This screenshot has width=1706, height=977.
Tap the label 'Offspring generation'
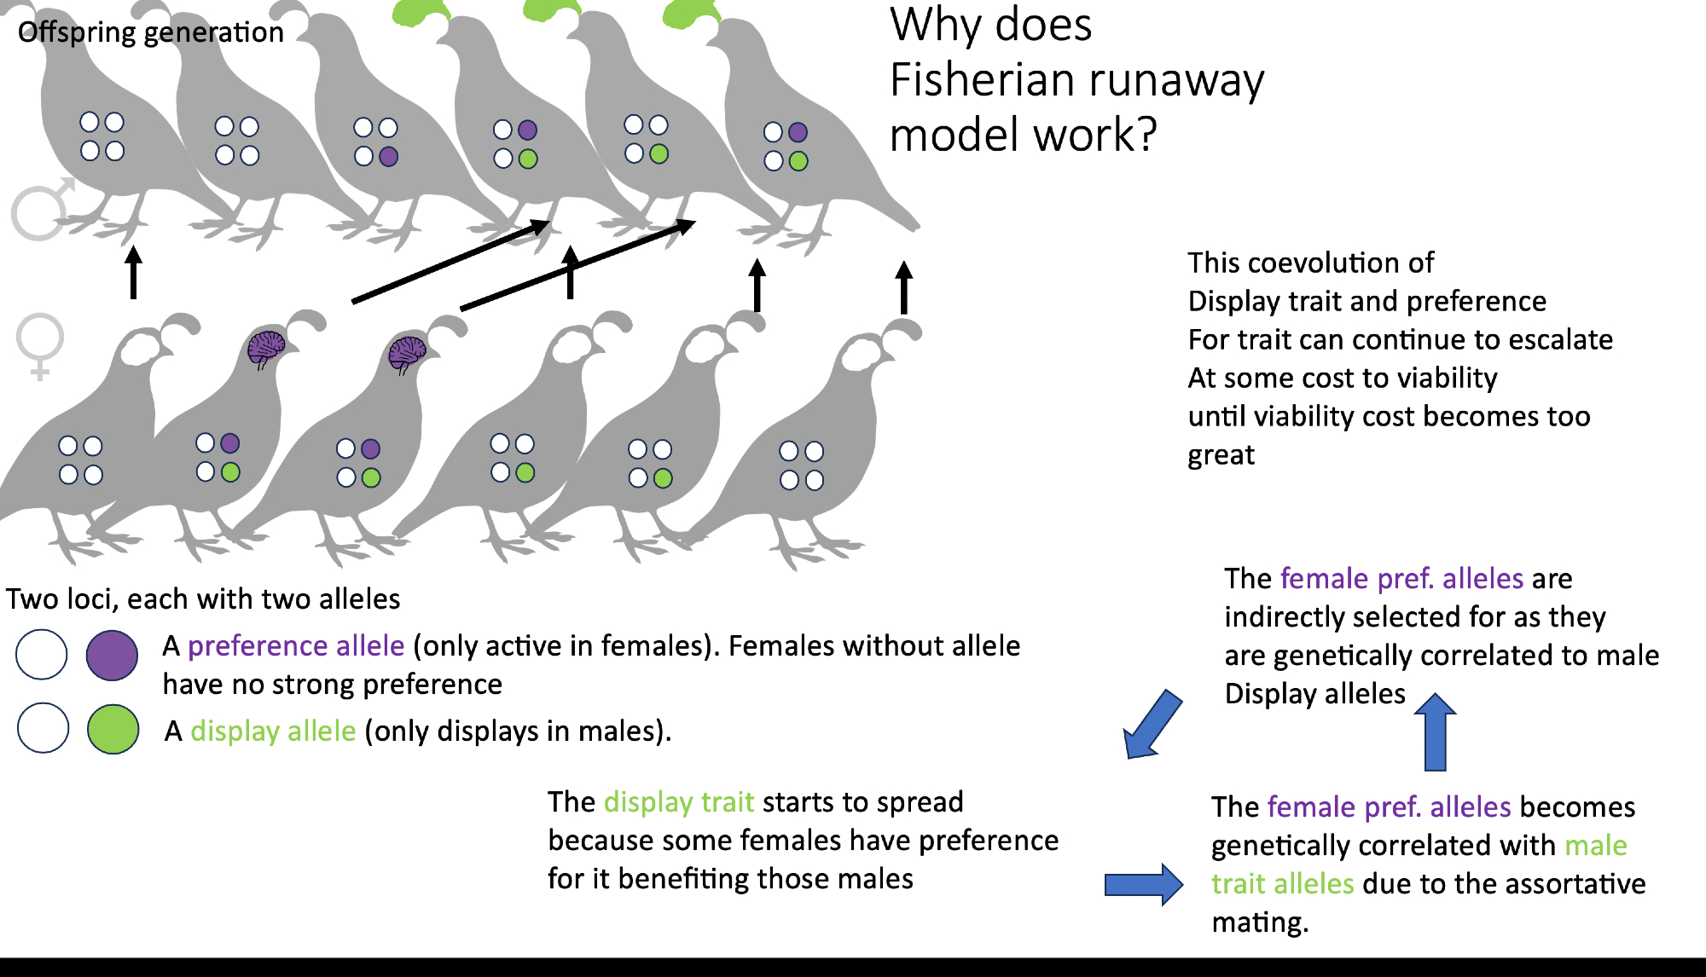point(150,32)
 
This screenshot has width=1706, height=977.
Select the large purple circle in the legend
point(112,655)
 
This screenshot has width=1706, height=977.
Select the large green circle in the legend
point(113,729)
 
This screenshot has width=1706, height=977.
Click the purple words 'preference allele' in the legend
point(296,646)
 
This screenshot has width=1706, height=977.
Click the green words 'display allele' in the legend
point(273,731)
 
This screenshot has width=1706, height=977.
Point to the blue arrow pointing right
point(1143,884)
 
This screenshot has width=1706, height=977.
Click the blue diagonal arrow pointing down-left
point(1153,725)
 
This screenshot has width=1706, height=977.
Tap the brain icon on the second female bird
point(265,348)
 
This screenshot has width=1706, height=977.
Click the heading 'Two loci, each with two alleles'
point(203,599)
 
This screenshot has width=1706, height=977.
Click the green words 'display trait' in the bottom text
point(678,802)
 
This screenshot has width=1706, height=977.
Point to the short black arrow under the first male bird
point(133,272)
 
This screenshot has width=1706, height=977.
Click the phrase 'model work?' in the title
point(1023,136)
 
